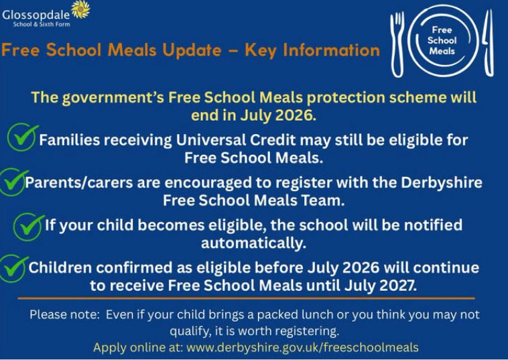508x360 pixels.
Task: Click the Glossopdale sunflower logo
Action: click(80, 9)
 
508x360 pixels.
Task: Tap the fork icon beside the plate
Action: click(397, 44)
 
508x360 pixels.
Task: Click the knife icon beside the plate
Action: click(489, 43)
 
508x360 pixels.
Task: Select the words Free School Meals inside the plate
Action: click(442, 40)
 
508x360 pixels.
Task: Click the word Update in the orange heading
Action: click(192, 50)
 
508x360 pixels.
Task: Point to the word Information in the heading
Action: click(331, 50)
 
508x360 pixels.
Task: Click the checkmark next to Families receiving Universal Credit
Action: click(22, 137)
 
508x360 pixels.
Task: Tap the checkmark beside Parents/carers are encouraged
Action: click(13, 182)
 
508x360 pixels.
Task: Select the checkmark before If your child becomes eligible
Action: click(28, 227)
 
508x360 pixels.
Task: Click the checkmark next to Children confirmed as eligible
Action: click(13, 269)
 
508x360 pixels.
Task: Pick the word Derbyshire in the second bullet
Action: click(442, 183)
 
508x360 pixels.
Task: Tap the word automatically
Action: click(254, 243)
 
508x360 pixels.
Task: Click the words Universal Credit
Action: click(236, 140)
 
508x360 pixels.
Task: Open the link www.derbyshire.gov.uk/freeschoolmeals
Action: click(303, 348)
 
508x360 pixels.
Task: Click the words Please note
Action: click(65, 314)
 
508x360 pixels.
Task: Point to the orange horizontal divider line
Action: click(246, 298)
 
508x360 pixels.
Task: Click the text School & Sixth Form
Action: click(42, 24)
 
